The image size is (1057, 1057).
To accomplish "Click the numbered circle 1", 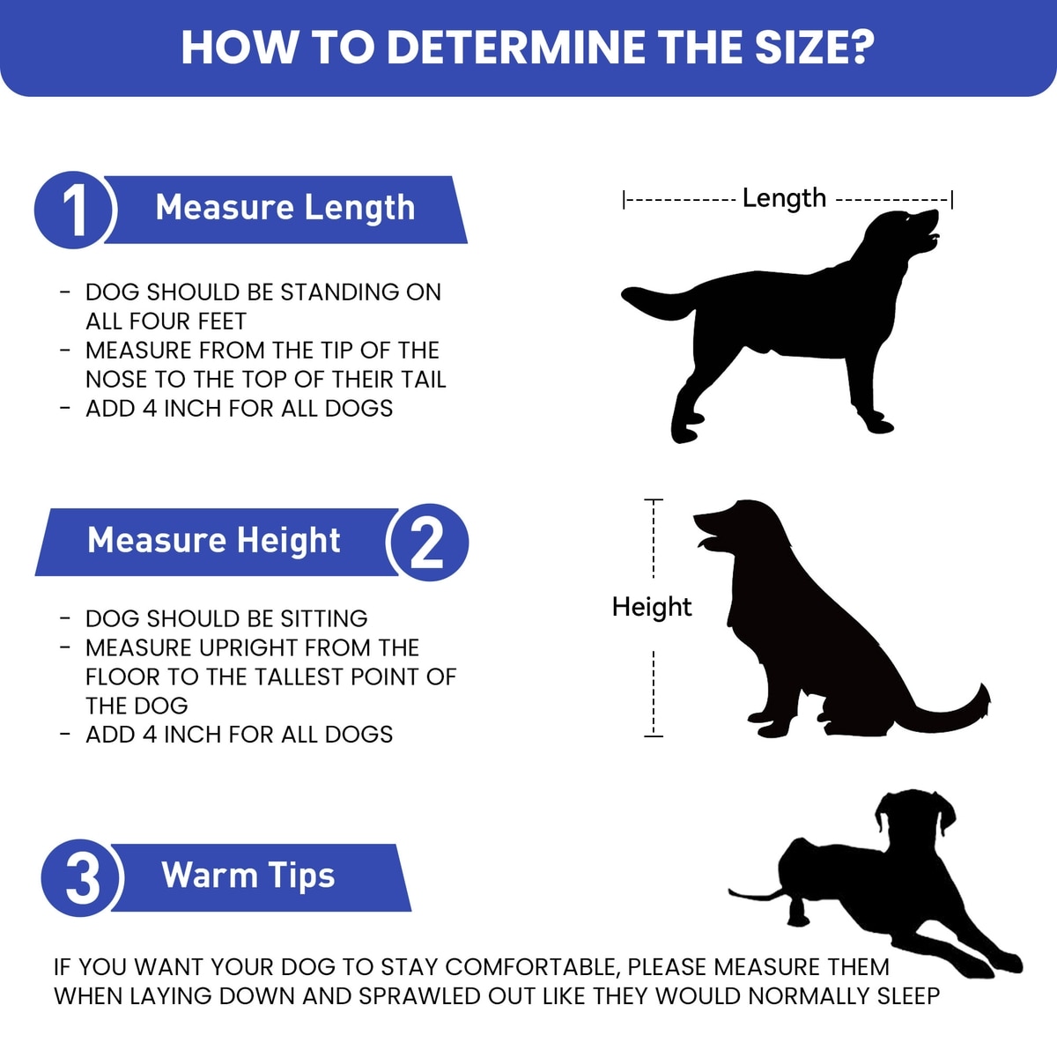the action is pyautogui.click(x=74, y=211).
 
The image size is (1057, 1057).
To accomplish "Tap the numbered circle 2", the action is pyautogui.click(x=427, y=542).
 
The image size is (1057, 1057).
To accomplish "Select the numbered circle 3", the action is pyautogui.click(x=82, y=877).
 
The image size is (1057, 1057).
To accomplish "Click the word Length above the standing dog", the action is pyautogui.click(x=784, y=198).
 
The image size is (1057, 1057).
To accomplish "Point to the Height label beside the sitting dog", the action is pyautogui.click(x=652, y=607).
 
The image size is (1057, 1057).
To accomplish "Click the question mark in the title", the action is pyautogui.click(x=860, y=48).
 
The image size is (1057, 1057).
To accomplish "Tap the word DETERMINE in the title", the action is pyautogui.click(x=516, y=48).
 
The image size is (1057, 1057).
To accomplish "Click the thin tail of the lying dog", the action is pyautogui.click(x=757, y=895).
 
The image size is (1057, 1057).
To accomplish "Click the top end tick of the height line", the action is pyautogui.click(x=654, y=499).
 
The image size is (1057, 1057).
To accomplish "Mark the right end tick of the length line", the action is pyautogui.click(x=952, y=200).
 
